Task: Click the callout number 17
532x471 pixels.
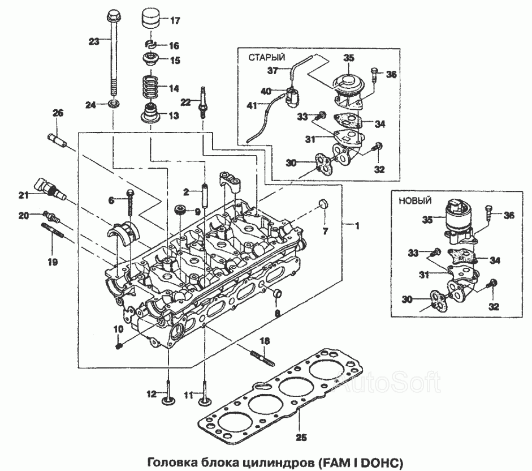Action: [x=174, y=21]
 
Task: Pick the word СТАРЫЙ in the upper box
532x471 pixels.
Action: [x=266, y=57]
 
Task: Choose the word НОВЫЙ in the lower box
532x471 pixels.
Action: [x=416, y=200]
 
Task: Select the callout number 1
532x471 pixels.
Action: [x=356, y=225]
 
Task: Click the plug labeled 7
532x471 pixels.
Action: [x=323, y=204]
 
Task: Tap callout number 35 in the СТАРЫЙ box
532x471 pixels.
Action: [x=348, y=58]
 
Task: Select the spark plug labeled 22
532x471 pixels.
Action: [x=201, y=101]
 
